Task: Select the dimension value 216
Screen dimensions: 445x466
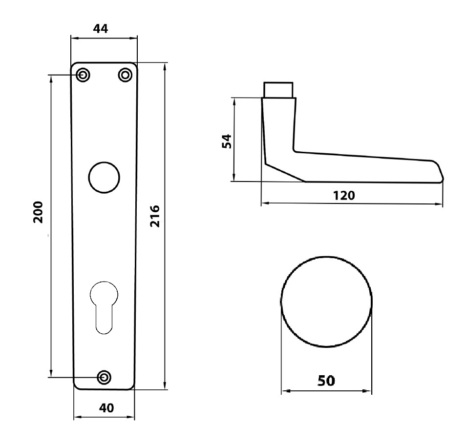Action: coord(155,216)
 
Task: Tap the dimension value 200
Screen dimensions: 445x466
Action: coord(39,211)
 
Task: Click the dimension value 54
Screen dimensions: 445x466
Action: coord(226,141)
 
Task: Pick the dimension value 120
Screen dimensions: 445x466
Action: coord(344,195)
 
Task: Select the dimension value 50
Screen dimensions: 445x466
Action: coord(327,380)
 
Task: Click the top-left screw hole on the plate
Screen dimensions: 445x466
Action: coord(83,75)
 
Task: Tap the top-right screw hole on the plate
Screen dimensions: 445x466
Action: coord(125,75)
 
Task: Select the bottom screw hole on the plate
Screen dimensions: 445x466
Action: coord(104,377)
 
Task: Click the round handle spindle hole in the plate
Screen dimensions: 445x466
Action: coord(104,176)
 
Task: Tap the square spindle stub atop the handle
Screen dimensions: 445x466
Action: coord(278,90)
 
